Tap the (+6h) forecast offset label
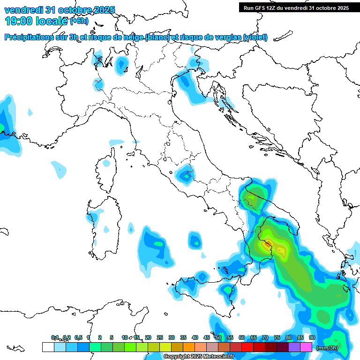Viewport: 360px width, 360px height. click(x=79, y=21)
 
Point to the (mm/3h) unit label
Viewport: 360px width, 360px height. click(x=327, y=348)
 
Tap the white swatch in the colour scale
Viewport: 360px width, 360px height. click(x=48, y=347)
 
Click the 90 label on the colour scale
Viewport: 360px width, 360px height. click(x=312, y=337)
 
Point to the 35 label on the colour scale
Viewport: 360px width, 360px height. click(x=183, y=337)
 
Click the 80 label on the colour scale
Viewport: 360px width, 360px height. click(x=288, y=337)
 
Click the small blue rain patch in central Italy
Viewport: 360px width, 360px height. click(x=185, y=174)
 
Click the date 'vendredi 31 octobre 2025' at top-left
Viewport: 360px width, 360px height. click(x=59, y=10)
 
